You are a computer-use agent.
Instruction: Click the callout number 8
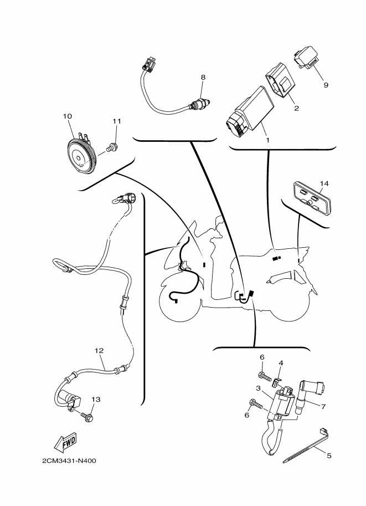[203, 78]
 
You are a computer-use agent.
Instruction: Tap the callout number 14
[324, 183]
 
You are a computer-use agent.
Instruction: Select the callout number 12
[99, 351]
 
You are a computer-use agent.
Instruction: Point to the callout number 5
[329, 456]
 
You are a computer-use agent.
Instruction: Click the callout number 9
[326, 85]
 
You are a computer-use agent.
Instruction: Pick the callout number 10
[68, 116]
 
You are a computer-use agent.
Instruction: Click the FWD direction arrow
[65, 442]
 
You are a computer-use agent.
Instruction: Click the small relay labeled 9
[306, 57]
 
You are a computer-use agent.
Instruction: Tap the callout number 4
[281, 363]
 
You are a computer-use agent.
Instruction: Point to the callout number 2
[297, 108]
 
